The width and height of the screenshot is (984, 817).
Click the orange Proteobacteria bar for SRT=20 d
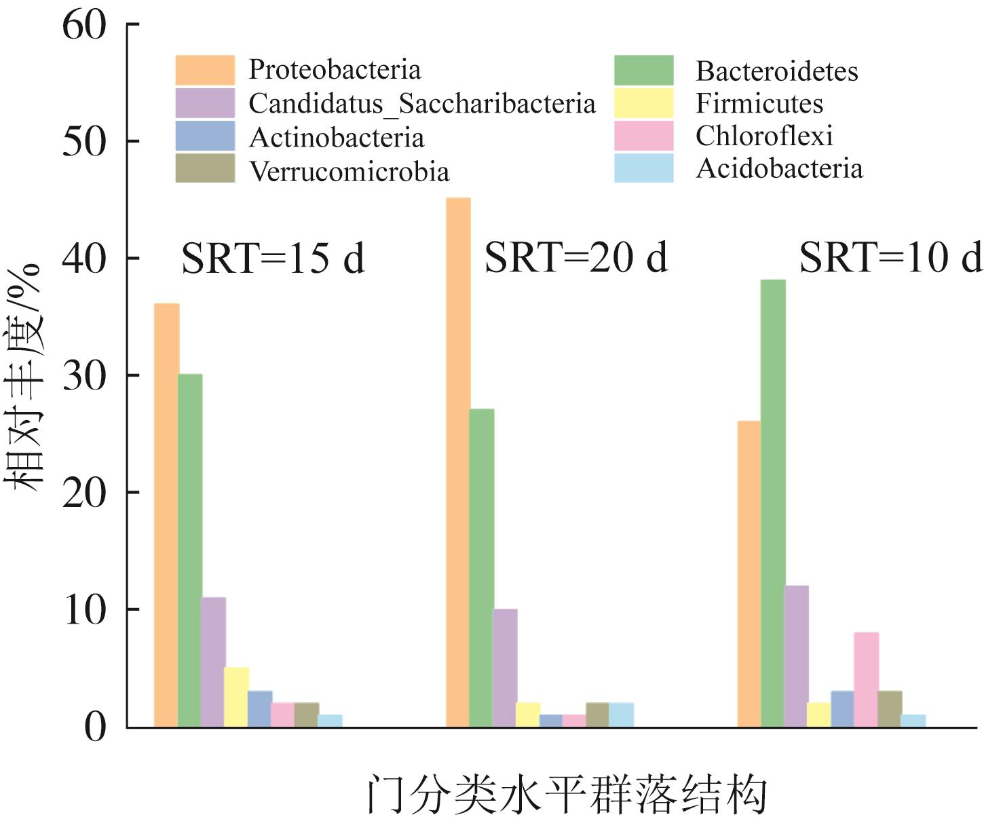458,461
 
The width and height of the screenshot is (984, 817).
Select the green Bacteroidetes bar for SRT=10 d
773,502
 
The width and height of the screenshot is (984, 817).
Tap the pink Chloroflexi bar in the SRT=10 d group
866,679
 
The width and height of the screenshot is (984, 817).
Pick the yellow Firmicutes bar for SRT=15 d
236,697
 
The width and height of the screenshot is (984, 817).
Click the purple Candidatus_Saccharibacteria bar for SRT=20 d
505,668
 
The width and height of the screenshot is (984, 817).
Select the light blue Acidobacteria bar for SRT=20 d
621,715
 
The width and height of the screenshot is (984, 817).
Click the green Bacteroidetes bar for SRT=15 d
190,550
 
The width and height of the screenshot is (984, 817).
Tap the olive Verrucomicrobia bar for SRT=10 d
890,708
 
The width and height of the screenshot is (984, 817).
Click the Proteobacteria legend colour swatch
205,70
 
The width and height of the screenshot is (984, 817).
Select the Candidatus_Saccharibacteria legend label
421,104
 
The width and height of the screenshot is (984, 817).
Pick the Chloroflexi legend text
763,136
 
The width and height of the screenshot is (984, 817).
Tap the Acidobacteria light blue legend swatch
643,168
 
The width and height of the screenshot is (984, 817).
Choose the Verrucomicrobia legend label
349,171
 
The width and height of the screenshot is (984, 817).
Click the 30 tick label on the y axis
85,375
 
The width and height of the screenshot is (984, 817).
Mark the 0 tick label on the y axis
96,727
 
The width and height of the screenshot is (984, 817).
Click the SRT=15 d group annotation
273,259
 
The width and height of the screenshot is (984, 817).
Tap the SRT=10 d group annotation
890,257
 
